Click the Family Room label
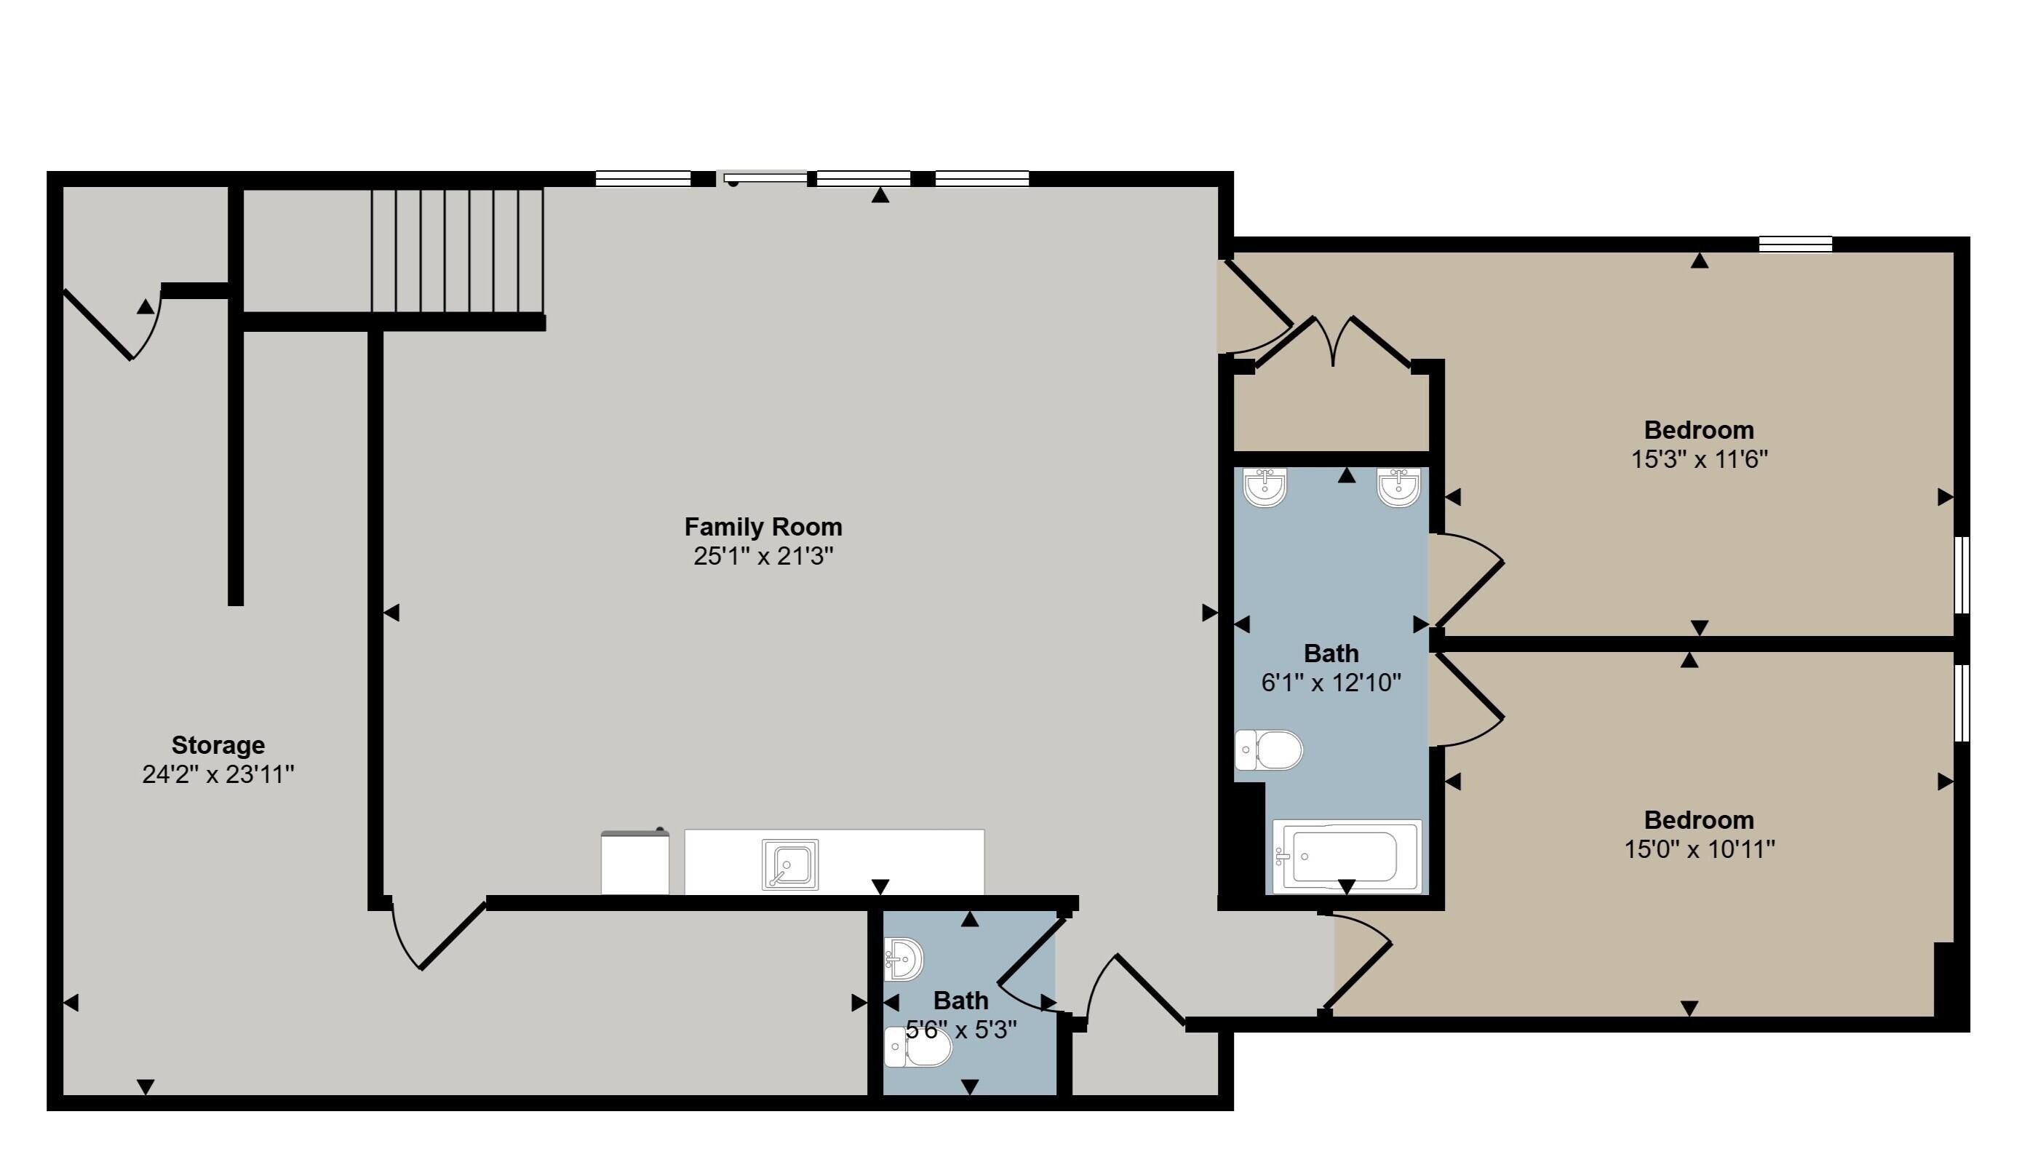[762, 526]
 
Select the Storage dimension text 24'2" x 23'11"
[218, 774]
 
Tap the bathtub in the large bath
[1345, 856]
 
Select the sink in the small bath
[903, 959]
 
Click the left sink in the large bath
[1265, 486]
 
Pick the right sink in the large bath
[1398, 486]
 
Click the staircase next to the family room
[458, 250]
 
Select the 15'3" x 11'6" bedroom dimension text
[1699, 459]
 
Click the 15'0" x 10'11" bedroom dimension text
[1699, 849]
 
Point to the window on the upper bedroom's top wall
[1795, 243]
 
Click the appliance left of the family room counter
[634, 862]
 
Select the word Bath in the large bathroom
[1331, 653]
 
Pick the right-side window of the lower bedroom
[1961, 702]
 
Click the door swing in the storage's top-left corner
[111, 326]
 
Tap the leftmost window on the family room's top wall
[642, 179]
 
